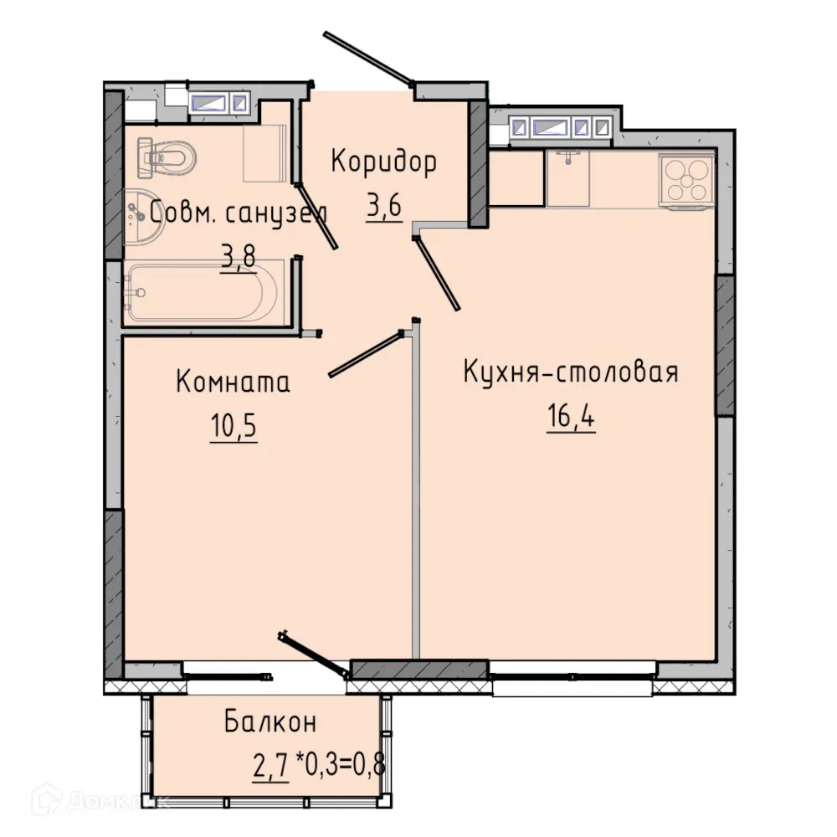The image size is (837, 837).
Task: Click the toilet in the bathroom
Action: [167, 154]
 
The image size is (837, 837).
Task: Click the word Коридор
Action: [383, 162]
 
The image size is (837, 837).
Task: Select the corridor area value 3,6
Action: [383, 205]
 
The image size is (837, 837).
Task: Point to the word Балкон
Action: [270, 721]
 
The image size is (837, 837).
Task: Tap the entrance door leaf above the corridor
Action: [368, 59]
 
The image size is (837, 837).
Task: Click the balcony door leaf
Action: [314, 653]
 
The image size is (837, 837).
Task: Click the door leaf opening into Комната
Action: [365, 354]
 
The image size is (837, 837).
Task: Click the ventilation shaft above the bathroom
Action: [218, 103]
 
